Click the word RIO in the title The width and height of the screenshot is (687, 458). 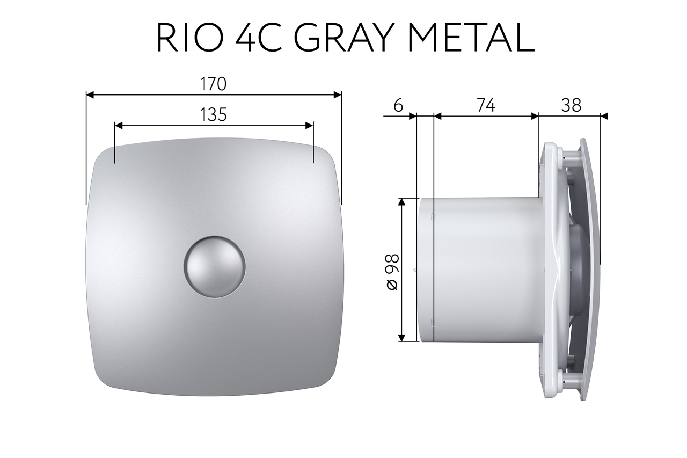tap(189, 38)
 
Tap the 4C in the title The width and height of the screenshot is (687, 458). tap(258, 38)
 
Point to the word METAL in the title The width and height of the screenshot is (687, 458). tap(473, 38)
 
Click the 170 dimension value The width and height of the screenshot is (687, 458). tap(214, 84)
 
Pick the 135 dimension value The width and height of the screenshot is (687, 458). tap(214, 115)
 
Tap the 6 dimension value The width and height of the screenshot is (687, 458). tap(398, 106)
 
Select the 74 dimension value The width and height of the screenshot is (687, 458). tap(486, 106)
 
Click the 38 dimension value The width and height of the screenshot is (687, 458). tap(571, 106)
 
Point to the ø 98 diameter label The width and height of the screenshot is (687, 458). tap(392, 272)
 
